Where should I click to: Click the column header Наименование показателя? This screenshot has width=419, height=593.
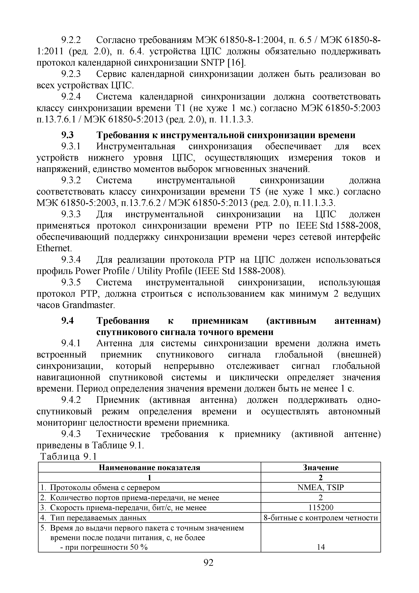(150, 468)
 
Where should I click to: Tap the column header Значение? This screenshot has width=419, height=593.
(320, 468)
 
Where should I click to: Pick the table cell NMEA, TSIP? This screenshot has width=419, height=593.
(320, 488)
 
